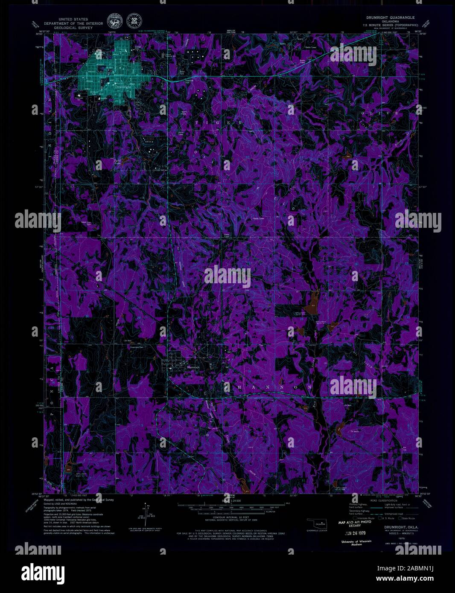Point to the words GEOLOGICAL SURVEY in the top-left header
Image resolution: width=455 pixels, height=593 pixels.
tap(69, 28)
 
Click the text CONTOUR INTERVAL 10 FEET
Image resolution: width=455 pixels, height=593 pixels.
tap(227, 517)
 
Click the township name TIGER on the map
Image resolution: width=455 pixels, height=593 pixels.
tap(218, 123)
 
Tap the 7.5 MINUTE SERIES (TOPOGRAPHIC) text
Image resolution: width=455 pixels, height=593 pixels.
tap(390, 24)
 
